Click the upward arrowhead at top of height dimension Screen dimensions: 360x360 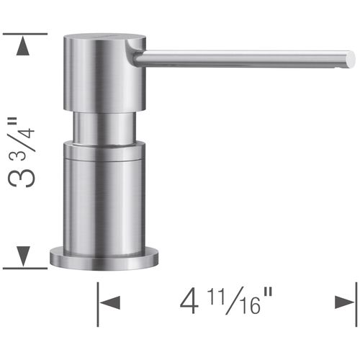pyautogui.click(x=24, y=48)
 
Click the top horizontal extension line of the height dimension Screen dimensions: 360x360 pyautogui.click(x=25, y=33)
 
